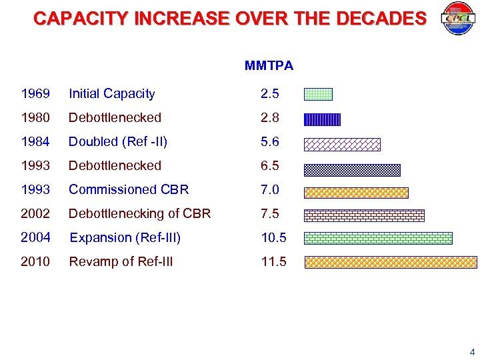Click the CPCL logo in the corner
point(457,19)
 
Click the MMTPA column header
point(269,65)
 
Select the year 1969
point(35,94)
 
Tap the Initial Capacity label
point(111,94)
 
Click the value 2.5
point(269,94)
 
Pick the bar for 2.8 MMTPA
point(322,119)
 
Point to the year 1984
point(35,141)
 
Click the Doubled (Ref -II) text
point(118,141)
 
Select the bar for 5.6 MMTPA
point(342,144)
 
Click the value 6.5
point(269,165)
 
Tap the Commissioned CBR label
point(129,189)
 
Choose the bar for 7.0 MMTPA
point(356,193)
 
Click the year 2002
point(35,213)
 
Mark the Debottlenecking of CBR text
point(139,213)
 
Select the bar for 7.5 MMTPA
point(364,215)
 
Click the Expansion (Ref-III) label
point(125,237)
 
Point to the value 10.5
point(273,237)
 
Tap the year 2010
point(35,261)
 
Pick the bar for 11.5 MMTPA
point(391,262)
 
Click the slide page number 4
point(472,352)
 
